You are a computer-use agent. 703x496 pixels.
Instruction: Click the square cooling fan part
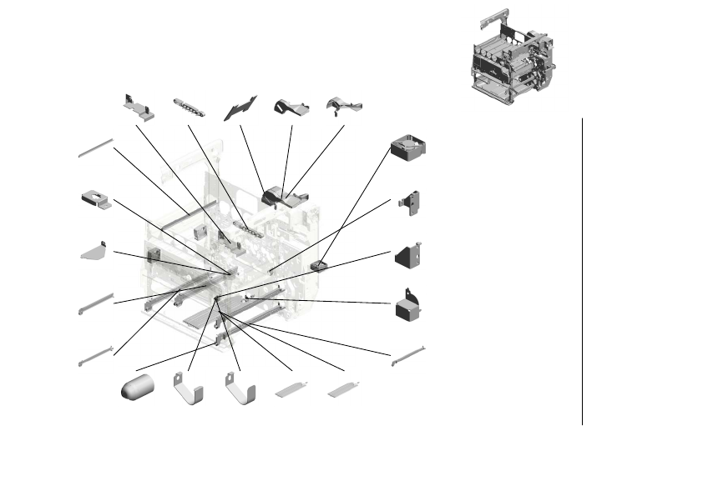point(409,148)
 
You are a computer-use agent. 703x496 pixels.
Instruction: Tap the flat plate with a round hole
point(96,200)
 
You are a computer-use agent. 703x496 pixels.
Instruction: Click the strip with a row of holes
point(190,108)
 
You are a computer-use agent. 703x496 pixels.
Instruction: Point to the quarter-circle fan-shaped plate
point(94,251)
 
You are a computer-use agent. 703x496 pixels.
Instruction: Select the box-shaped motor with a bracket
point(407,308)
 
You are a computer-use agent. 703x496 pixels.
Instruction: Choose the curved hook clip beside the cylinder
point(189,390)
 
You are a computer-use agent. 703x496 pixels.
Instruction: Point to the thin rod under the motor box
point(408,354)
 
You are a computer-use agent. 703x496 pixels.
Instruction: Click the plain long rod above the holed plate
point(95,148)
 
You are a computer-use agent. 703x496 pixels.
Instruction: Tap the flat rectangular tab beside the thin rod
point(344,388)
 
